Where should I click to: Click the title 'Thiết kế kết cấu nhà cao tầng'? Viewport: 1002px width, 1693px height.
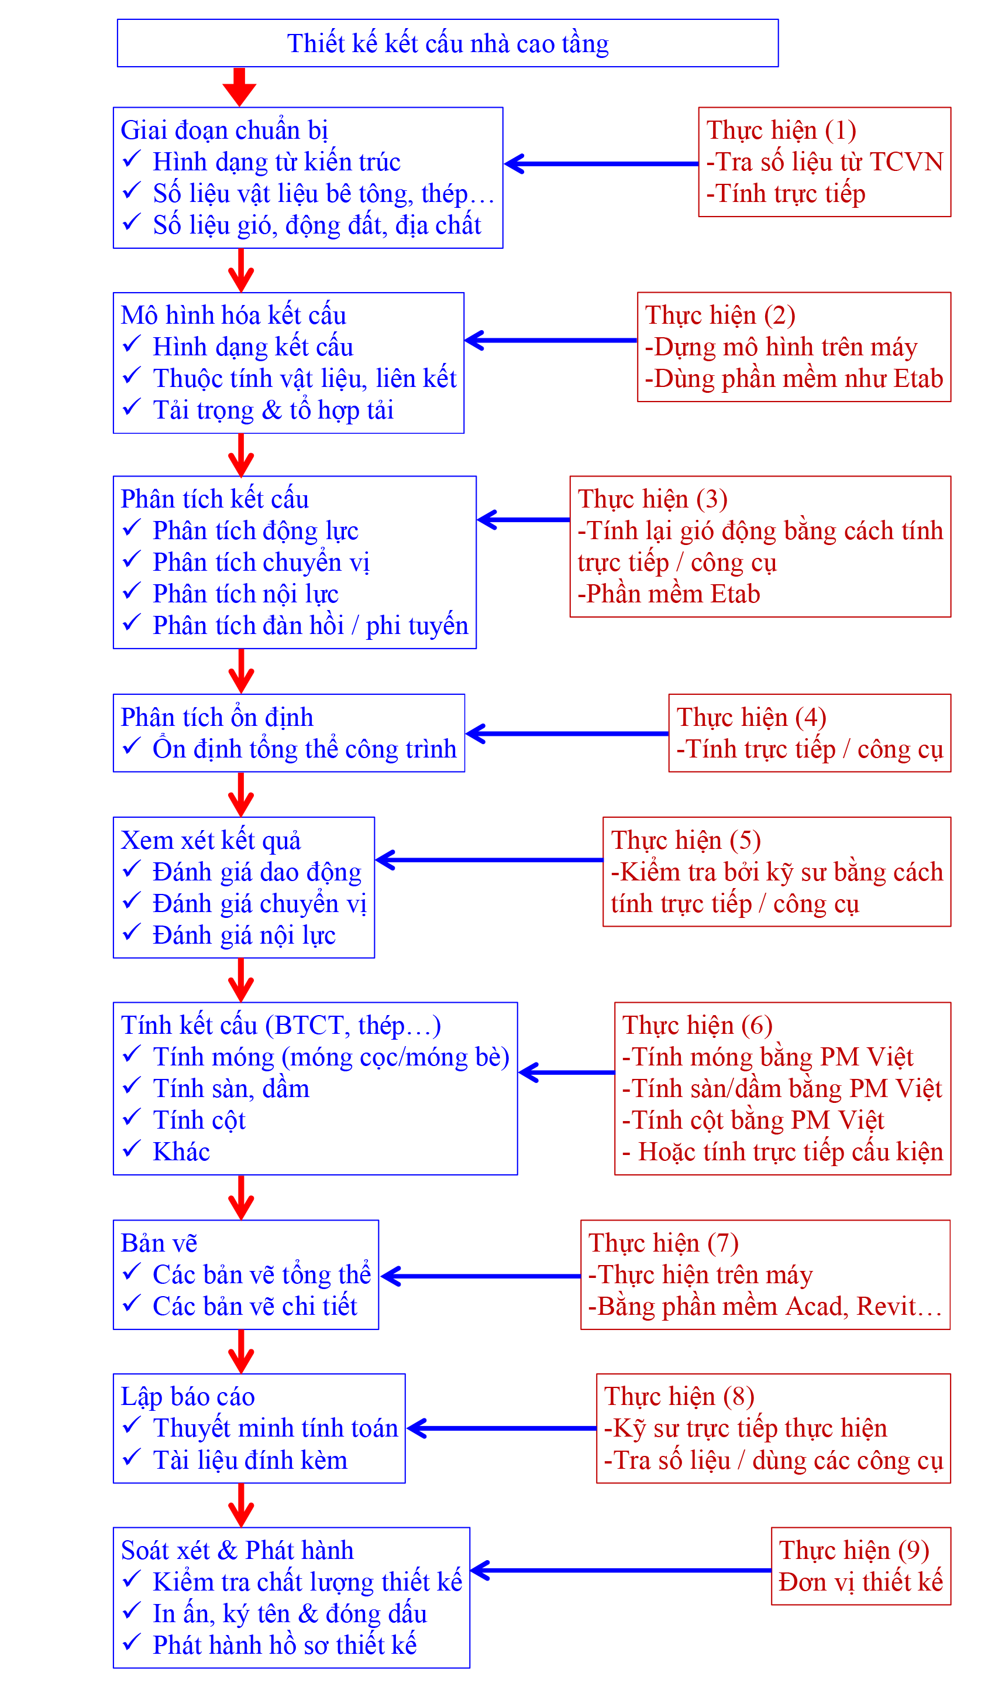[447, 44]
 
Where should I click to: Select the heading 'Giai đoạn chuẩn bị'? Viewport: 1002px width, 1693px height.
[224, 130]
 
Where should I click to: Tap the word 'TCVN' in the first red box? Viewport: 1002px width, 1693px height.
[906, 162]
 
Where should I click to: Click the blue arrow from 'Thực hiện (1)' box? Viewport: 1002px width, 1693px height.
[601, 163]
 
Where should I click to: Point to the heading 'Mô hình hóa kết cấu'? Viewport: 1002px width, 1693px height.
[233, 316]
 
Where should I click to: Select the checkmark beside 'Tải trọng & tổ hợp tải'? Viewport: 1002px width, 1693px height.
[132, 407]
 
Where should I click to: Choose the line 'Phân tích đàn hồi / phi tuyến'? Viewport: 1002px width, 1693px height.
[310, 626]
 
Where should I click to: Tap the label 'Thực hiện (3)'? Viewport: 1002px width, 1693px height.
[652, 499]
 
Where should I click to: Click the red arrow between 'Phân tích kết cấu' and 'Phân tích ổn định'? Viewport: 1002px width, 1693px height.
[241, 671]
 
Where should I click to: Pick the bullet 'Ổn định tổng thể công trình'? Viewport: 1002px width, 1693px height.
[304, 749]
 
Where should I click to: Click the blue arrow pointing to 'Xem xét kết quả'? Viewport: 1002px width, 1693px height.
[489, 860]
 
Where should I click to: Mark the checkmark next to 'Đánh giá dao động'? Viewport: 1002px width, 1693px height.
[132, 869]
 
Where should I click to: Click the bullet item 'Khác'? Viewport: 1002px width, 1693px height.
[181, 1152]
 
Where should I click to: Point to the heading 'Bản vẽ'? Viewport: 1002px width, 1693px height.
[159, 1243]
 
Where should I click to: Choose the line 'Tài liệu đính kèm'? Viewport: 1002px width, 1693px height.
[250, 1461]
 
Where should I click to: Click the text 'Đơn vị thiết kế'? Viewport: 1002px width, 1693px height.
[860, 1582]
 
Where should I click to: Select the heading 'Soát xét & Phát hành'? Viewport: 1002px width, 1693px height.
[237, 1550]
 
